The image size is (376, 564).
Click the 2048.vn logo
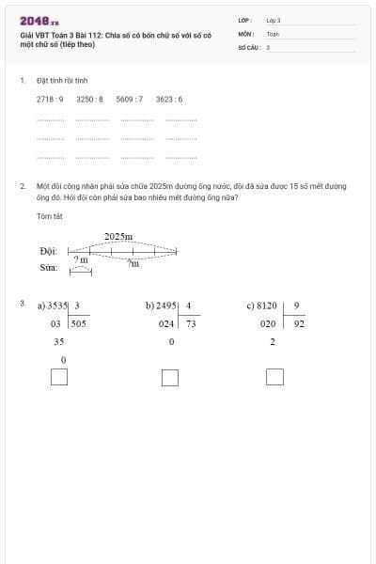point(39,21)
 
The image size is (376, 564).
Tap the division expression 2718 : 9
point(50,98)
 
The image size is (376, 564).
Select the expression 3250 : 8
point(89,98)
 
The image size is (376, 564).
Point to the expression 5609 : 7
point(130,98)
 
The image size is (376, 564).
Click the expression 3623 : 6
point(169,98)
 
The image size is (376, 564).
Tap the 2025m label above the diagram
point(117,236)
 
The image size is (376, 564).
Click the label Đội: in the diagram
point(49,251)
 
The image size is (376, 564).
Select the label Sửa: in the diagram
point(49,267)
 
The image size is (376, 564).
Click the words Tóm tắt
point(48,215)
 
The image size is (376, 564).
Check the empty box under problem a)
point(59,377)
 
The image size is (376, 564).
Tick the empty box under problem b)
point(170,377)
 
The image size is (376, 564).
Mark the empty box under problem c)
point(274,377)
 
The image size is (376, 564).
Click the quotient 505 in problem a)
point(78,322)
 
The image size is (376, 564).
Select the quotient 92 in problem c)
point(298,322)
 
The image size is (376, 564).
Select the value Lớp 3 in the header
point(274,20)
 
